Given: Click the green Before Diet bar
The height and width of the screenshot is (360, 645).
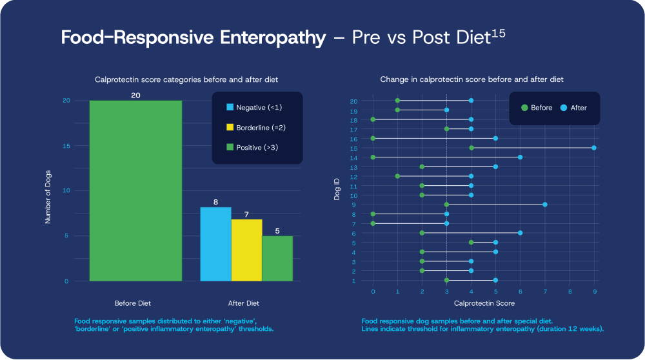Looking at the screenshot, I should pyautogui.click(x=135, y=191).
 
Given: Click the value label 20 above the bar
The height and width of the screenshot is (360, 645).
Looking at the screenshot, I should pyautogui.click(x=135, y=95).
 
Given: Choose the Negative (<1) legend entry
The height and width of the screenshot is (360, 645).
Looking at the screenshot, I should pyautogui.click(x=255, y=107).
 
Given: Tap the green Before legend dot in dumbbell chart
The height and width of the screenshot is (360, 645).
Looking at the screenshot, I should pyautogui.click(x=524, y=108).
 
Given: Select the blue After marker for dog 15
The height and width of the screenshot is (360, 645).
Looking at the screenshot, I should pyautogui.click(x=594, y=148).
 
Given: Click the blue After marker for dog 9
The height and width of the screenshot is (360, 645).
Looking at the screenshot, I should pyautogui.click(x=545, y=205).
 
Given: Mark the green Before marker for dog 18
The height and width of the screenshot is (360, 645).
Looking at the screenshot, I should pyautogui.click(x=373, y=119).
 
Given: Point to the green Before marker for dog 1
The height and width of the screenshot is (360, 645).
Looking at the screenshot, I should pyautogui.click(x=447, y=280).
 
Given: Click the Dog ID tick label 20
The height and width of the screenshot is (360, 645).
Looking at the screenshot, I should pyautogui.click(x=353, y=101).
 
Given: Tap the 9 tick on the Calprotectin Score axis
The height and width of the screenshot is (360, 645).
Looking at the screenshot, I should pyautogui.click(x=594, y=292).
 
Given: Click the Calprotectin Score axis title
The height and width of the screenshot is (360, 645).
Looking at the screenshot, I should pyautogui.click(x=484, y=303).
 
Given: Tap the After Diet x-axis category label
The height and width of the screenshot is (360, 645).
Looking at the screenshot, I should pyautogui.click(x=244, y=303).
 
